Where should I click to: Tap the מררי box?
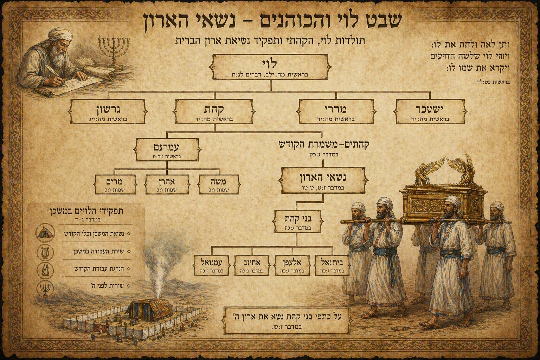336,111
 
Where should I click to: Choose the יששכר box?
431,111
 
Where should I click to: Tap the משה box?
219,184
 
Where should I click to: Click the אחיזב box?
252,265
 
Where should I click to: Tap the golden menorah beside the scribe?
113,51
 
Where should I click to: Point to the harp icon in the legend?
45,251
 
